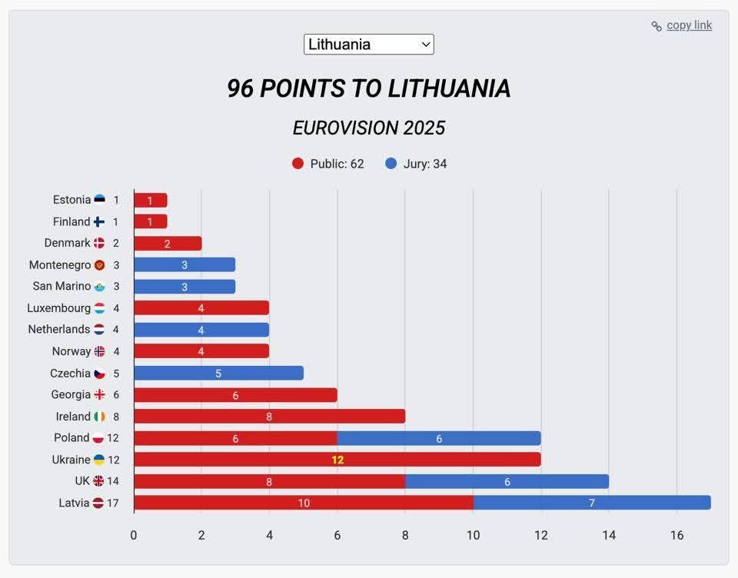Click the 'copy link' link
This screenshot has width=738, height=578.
point(688,25)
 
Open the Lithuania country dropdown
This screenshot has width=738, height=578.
point(369,45)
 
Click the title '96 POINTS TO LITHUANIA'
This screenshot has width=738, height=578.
point(369,88)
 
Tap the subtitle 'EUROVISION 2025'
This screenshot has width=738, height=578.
point(369,128)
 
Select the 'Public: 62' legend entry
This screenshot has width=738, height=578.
point(328,164)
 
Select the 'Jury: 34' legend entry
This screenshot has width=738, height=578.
point(416,164)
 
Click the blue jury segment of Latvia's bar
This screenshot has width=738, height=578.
point(592,503)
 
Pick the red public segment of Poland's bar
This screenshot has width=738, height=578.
point(235,438)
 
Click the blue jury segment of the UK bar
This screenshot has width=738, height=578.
point(507,481)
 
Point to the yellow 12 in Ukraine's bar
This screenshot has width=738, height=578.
point(338,460)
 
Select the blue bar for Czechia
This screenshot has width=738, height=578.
point(218,373)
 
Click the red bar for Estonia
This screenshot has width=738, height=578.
point(150,201)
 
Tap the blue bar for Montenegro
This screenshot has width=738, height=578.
point(184,265)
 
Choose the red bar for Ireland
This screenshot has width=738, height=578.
point(269,417)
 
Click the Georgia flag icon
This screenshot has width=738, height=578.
point(99,395)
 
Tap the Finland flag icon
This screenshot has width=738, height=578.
point(99,222)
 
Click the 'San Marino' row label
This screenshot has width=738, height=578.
point(61,287)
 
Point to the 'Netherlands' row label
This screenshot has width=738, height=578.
point(59,330)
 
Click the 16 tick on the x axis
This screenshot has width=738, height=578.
point(676,535)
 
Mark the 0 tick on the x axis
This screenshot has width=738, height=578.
point(134,535)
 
